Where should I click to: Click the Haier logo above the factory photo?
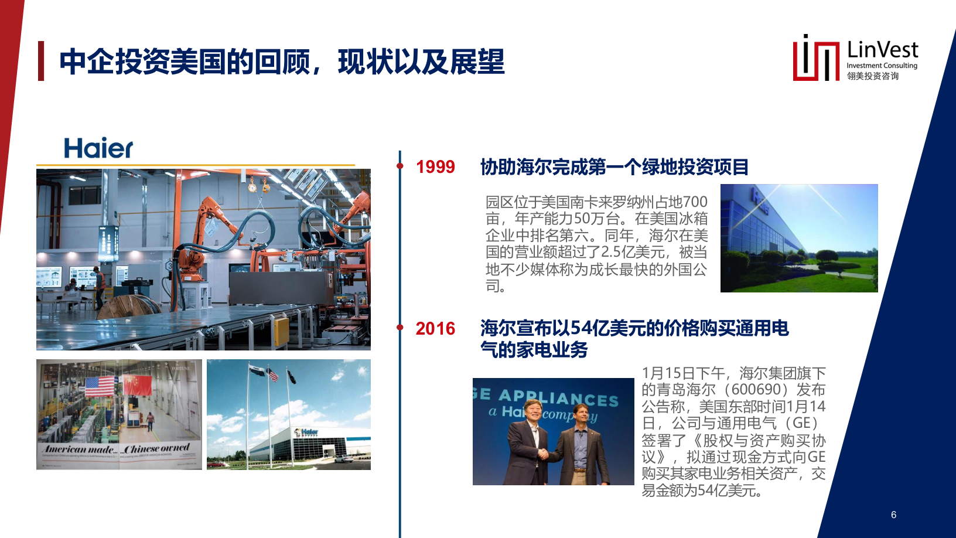click(x=98, y=148)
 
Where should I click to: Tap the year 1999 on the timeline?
click(x=435, y=167)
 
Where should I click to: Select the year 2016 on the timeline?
click(x=435, y=329)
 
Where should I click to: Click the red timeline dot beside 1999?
click(x=400, y=166)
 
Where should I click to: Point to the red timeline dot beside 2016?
click(x=400, y=327)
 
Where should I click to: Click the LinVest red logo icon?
click(x=815, y=59)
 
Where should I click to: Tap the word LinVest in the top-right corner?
click(x=882, y=50)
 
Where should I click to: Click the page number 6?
click(x=893, y=515)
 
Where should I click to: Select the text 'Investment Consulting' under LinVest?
click(x=882, y=66)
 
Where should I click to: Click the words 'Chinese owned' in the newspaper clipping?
click(x=156, y=449)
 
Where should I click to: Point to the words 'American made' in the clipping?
click(x=80, y=450)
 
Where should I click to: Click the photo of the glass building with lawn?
click(x=799, y=238)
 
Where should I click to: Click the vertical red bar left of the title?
click(x=41, y=61)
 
